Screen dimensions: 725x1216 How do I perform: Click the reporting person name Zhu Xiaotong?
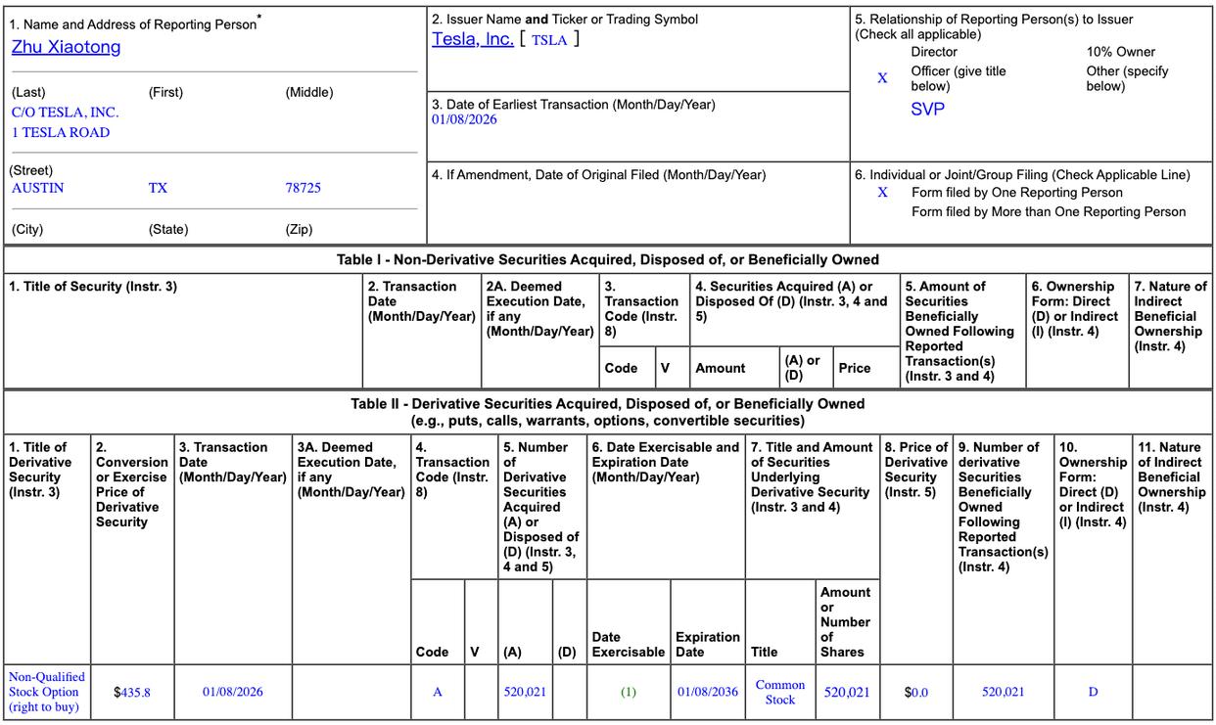pyautogui.click(x=66, y=47)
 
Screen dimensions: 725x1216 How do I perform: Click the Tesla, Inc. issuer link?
pyautogui.click(x=473, y=39)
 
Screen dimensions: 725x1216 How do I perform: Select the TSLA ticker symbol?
pyautogui.click(x=548, y=40)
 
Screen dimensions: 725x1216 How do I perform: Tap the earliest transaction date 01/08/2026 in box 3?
pyautogui.click(x=464, y=119)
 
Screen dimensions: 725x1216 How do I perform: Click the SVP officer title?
pyautogui.click(x=927, y=110)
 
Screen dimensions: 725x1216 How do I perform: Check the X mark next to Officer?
pyautogui.click(x=882, y=78)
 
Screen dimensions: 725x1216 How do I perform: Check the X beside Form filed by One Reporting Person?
pyautogui.click(x=882, y=193)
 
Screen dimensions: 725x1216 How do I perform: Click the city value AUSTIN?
pyautogui.click(x=37, y=188)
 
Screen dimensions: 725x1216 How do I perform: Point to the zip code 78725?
pyautogui.click(x=303, y=188)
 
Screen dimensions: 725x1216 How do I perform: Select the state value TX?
pyautogui.click(x=158, y=188)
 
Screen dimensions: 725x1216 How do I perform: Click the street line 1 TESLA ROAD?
pyautogui.click(x=61, y=132)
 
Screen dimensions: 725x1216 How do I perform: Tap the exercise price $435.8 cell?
pyautogui.click(x=132, y=692)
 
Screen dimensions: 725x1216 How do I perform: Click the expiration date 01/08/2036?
pyautogui.click(x=708, y=692)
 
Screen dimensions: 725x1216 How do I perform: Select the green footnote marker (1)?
pyautogui.click(x=628, y=692)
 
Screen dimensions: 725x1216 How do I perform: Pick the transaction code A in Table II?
pyautogui.click(x=438, y=692)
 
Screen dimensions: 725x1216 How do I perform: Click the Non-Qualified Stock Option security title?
pyautogui.click(x=46, y=692)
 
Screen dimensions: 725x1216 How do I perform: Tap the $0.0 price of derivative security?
pyautogui.click(x=916, y=692)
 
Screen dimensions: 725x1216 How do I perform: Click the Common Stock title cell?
pyautogui.click(x=780, y=692)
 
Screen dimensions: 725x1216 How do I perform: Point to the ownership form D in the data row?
pyautogui.click(x=1093, y=692)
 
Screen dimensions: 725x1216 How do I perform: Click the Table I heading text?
pyautogui.click(x=607, y=259)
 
